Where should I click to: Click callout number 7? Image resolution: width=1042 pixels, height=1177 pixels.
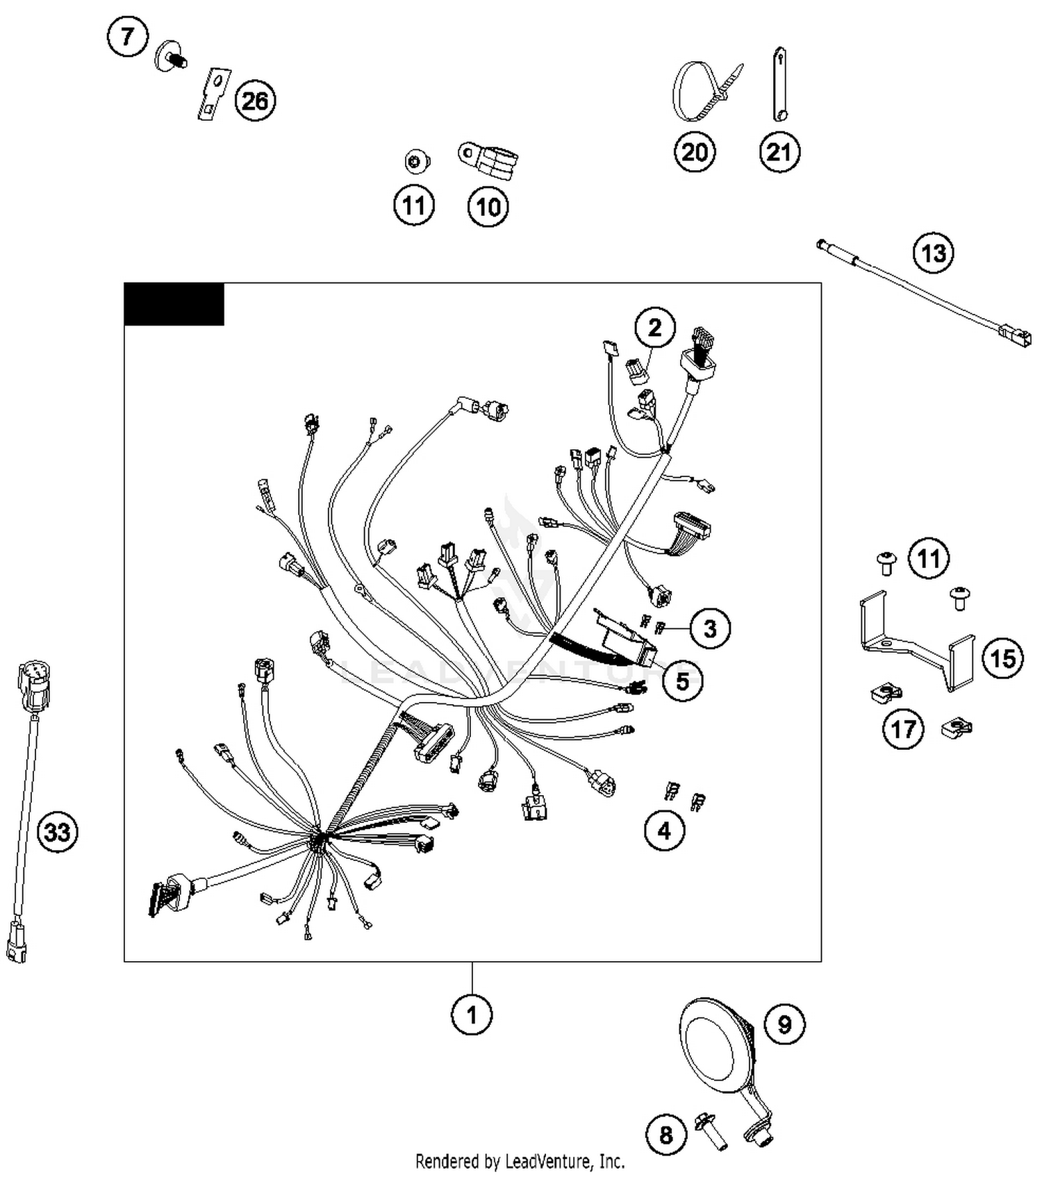click(x=128, y=36)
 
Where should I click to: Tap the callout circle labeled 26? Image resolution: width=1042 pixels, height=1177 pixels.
click(x=255, y=101)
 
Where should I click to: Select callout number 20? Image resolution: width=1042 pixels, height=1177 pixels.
click(x=695, y=152)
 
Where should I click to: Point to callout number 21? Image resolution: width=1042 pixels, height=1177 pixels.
click(x=779, y=152)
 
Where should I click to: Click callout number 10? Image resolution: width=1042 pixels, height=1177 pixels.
click(x=488, y=206)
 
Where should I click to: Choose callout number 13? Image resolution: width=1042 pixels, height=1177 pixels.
click(x=933, y=253)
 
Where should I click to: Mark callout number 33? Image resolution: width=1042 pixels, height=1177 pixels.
click(x=57, y=831)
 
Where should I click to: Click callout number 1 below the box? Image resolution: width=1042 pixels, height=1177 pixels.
click(x=472, y=1015)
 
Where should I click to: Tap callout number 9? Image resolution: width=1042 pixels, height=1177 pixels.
click(x=784, y=1024)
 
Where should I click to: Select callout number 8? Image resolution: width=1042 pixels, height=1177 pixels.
click(x=665, y=1135)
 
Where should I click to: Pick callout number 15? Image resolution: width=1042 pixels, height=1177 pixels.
click(x=1002, y=658)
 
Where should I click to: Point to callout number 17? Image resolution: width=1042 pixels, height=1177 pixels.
click(x=903, y=729)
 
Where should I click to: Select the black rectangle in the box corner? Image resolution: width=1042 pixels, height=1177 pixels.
click(x=174, y=303)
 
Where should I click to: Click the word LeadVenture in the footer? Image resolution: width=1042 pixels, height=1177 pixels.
click(x=549, y=1160)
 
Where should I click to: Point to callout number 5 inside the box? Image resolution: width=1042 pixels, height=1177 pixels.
click(x=682, y=681)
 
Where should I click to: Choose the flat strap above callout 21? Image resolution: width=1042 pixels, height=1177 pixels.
click(x=779, y=84)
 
